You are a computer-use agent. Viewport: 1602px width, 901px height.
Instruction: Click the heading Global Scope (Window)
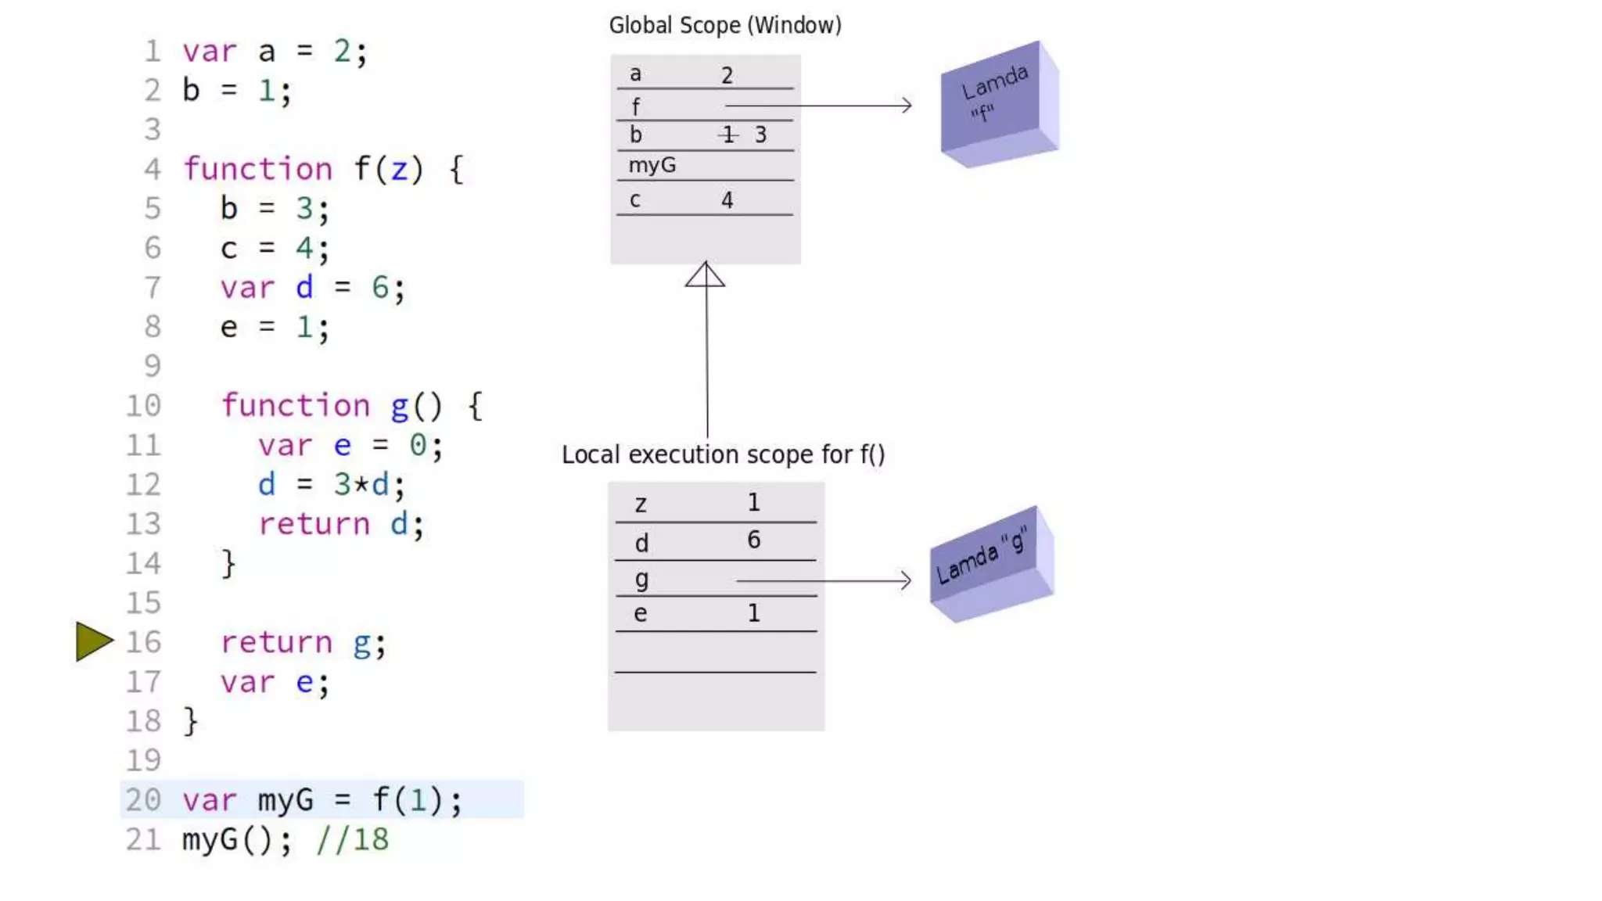(x=725, y=26)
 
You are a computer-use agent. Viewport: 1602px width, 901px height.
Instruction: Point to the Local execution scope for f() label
(x=723, y=454)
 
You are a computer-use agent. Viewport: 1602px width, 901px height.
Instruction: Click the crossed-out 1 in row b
(x=728, y=135)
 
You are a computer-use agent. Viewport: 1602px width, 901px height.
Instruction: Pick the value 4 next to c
(x=727, y=200)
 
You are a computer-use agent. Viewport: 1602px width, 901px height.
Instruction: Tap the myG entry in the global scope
(x=652, y=166)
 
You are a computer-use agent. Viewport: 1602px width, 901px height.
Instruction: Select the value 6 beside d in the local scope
(x=753, y=540)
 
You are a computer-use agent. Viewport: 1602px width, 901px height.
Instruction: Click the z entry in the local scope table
(x=641, y=504)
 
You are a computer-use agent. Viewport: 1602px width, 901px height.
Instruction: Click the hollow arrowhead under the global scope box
(x=705, y=275)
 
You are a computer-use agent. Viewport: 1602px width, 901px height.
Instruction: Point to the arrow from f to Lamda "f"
(x=818, y=106)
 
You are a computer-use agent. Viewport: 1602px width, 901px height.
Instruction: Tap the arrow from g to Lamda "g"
(x=824, y=581)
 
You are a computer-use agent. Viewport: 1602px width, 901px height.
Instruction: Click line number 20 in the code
(x=143, y=800)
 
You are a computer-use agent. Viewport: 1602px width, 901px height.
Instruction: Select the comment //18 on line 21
(x=352, y=840)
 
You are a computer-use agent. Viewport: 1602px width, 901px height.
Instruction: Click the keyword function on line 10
(x=295, y=406)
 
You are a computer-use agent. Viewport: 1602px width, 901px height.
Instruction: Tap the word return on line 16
(x=276, y=643)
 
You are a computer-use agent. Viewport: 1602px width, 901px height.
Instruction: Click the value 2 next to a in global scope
(x=727, y=76)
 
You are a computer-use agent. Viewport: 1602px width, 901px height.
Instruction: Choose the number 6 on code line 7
(x=380, y=288)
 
